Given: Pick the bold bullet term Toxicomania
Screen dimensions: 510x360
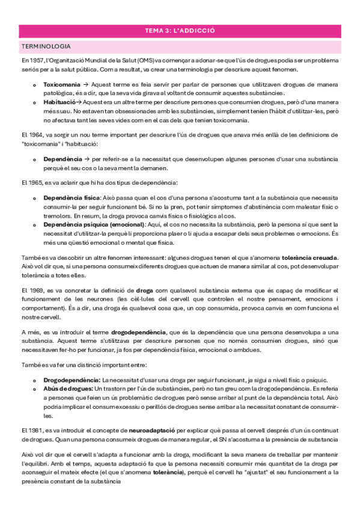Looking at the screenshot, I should click(61, 85).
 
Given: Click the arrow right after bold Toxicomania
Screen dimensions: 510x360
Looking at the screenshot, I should click(85, 85).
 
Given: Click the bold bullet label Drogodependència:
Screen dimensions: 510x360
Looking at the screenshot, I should click(72, 380).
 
